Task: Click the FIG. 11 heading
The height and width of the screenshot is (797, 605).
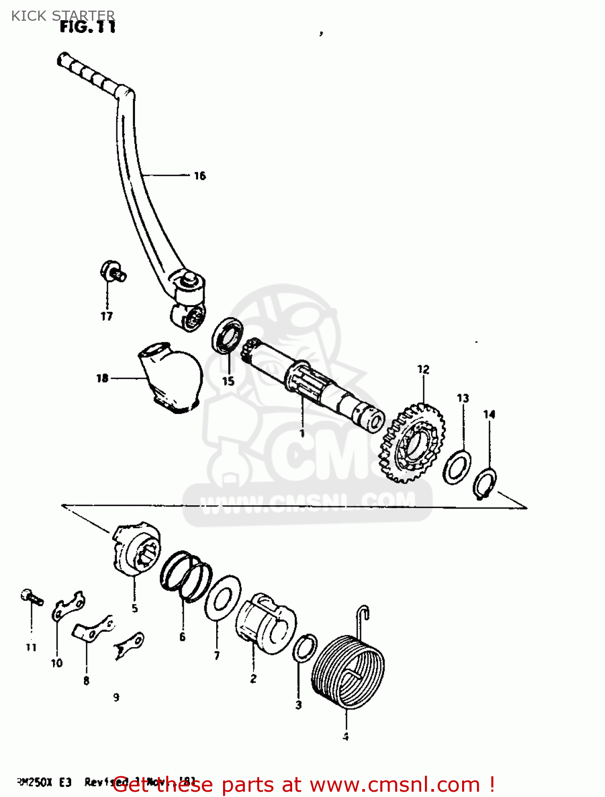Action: pyautogui.click(x=88, y=27)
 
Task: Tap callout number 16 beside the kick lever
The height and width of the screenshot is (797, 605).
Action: pyautogui.click(x=200, y=176)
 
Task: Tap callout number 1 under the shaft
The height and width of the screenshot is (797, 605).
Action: pyautogui.click(x=302, y=434)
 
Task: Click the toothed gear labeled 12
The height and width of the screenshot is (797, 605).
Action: pyautogui.click(x=412, y=444)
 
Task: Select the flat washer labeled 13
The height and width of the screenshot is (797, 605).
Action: pyautogui.click(x=457, y=466)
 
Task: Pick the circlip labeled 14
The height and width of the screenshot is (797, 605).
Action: pyautogui.click(x=484, y=484)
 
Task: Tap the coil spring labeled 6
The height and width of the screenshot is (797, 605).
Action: pyautogui.click(x=186, y=576)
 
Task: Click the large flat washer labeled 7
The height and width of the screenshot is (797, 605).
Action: pyautogui.click(x=222, y=597)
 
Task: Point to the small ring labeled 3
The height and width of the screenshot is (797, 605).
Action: pyautogui.click(x=305, y=648)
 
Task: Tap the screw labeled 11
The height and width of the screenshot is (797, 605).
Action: pyautogui.click(x=31, y=597)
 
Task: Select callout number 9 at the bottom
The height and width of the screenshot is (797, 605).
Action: pyautogui.click(x=116, y=698)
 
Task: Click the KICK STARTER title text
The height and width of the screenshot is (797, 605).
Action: pyautogui.click(x=63, y=15)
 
